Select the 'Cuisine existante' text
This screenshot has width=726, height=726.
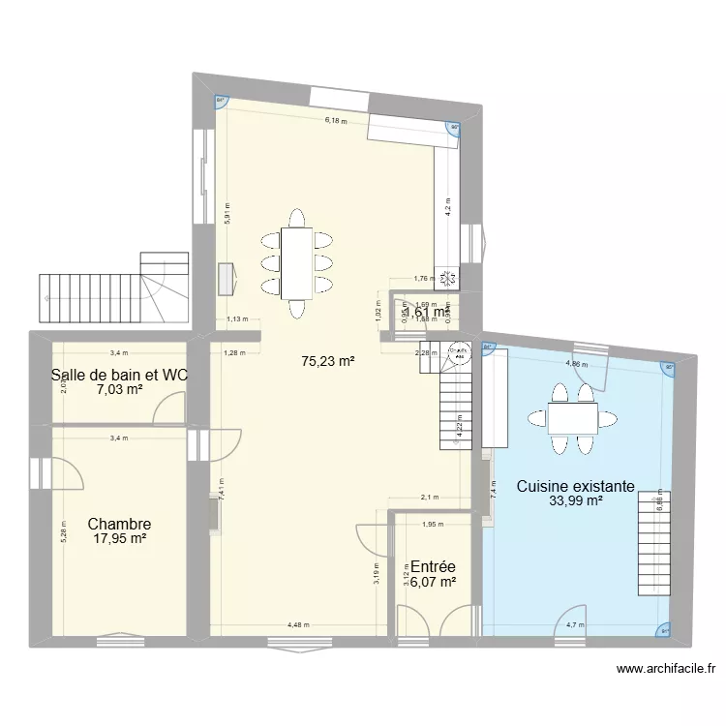pos(575,486)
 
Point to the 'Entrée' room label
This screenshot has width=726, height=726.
pos(432,566)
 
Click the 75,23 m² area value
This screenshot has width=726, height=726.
pos(327,361)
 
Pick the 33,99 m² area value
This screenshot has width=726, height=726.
pos(575,501)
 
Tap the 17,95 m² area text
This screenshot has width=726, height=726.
pos(119,539)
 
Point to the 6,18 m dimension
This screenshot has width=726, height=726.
pos(335,121)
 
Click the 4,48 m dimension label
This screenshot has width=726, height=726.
pos(298,624)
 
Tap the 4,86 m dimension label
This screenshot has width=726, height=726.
pos(575,364)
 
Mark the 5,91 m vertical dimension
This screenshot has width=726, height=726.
pos(227,213)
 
